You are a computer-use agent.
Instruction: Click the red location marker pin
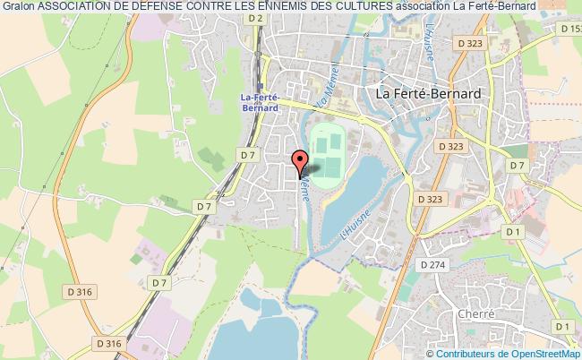point(299,160)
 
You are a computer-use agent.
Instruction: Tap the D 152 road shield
point(570,30)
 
